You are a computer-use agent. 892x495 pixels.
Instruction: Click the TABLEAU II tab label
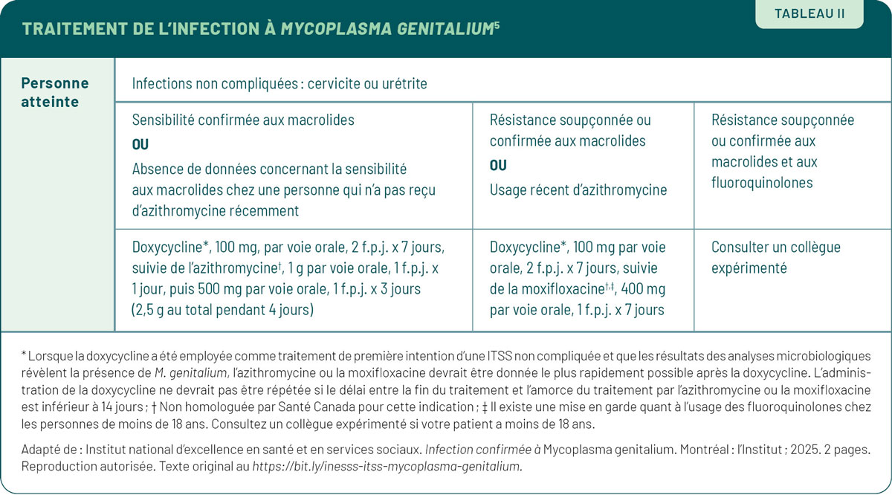coord(809,13)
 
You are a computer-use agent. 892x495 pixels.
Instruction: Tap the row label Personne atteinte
coord(54,92)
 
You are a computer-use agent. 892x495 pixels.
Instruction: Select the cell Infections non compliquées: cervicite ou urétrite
coord(279,84)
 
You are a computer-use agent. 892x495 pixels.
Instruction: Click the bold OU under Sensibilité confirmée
coord(140,144)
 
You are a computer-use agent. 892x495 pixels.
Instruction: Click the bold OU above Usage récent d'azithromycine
coord(498,166)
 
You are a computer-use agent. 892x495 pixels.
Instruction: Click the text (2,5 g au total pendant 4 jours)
coord(223,310)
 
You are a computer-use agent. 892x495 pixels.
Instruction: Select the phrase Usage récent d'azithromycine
coord(578,190)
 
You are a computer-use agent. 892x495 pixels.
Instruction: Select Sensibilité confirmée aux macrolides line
coord(243,120)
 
